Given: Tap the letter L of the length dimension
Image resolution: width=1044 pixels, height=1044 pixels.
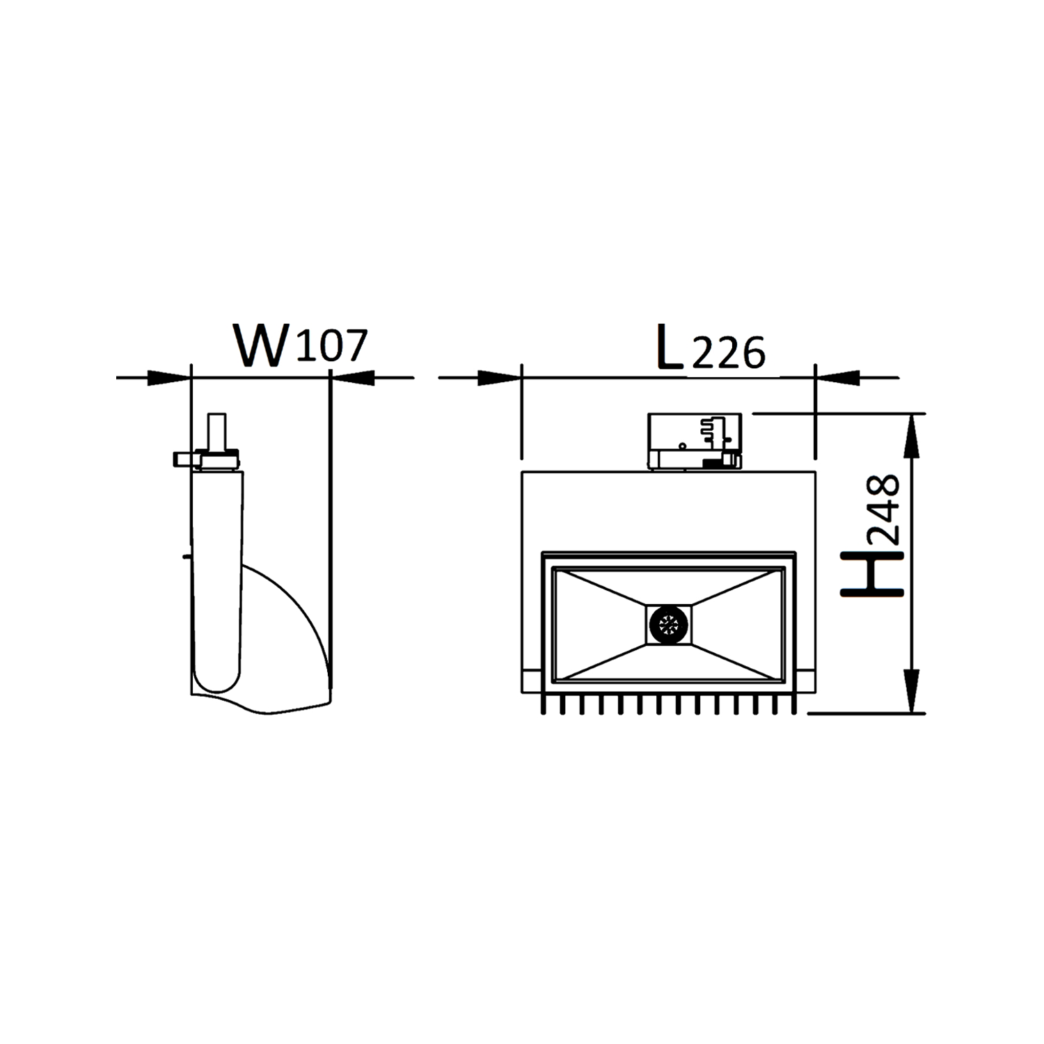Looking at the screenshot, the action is [x=669, y=345].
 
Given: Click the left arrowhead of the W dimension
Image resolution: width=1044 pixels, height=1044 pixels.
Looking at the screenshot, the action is [x=168, y=378].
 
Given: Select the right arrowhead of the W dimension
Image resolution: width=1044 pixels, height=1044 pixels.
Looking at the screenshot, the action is [x=353, y=378].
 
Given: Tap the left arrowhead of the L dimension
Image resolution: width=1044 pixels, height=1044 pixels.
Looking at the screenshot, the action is [x=500, y=378].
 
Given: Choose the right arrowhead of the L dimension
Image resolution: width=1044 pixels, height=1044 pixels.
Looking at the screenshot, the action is [x=837, y=378].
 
